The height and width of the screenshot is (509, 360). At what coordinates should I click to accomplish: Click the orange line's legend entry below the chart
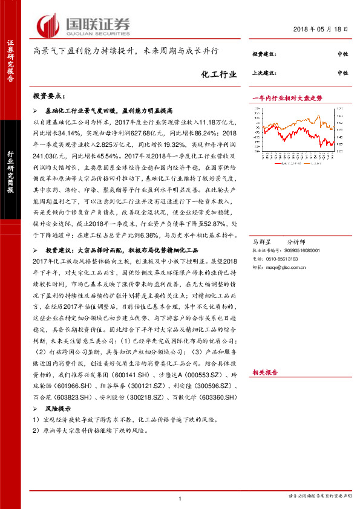point(318,163)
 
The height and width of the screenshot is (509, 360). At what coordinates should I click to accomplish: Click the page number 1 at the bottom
point(180,498)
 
